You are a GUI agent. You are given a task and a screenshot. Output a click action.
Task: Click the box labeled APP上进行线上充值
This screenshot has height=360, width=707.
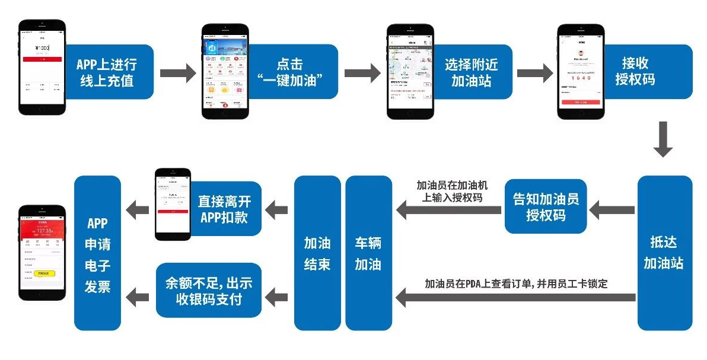pyautogui.click(x=107, y=72)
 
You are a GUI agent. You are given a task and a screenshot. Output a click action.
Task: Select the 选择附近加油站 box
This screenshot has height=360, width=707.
pyautogui.click(x=472, y=72)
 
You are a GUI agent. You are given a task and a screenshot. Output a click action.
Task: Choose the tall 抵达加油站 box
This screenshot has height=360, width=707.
pyautogui.click(x=664, y=253)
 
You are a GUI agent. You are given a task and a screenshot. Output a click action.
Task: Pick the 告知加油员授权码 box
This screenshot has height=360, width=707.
pyautogui.click(x=546, y=206)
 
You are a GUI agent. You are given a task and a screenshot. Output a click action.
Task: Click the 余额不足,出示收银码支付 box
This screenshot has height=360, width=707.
pyautogui.click(x=208, y=291)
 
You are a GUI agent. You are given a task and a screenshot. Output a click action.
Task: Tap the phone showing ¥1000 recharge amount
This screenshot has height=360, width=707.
pyautogui.click(x=42, y=68)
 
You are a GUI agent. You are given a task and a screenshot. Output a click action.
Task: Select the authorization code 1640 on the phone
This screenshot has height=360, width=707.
pyautogui.click(x=580, y=78)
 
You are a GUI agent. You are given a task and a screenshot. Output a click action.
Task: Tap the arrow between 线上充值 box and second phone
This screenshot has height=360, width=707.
pyautogui.click(x=177, y=72)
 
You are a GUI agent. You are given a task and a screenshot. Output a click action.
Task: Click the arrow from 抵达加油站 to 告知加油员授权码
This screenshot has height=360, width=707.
pyautogui.click(x=612, y=208)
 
